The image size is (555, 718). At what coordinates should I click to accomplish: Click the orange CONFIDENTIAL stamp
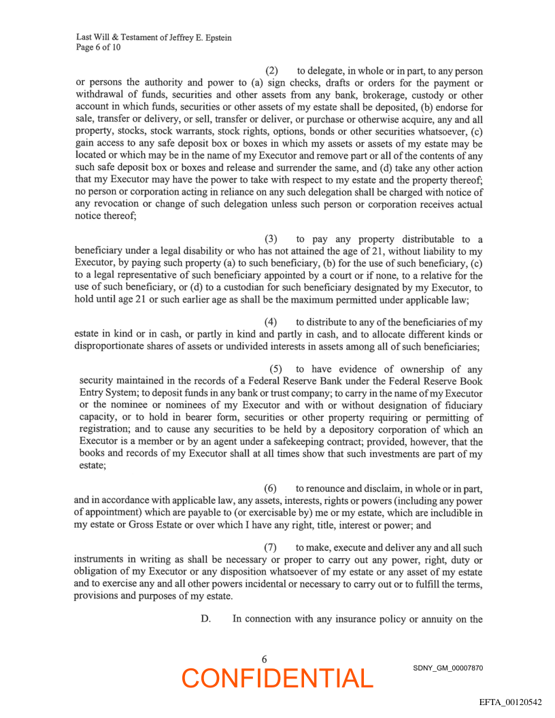(277, 678)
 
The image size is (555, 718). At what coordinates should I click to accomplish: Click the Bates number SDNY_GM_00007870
(448, 668)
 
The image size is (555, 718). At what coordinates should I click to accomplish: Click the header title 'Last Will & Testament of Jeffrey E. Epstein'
(154, 37)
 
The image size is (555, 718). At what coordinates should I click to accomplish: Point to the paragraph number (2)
(271, 71)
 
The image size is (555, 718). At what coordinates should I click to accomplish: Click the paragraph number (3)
(271, 239)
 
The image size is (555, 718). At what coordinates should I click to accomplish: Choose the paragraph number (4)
(271, 322)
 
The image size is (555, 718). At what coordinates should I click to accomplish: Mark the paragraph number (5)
(276, 369)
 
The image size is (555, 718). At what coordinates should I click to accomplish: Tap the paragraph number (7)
(271, 547)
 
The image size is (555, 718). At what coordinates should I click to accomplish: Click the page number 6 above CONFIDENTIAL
(264, 659)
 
